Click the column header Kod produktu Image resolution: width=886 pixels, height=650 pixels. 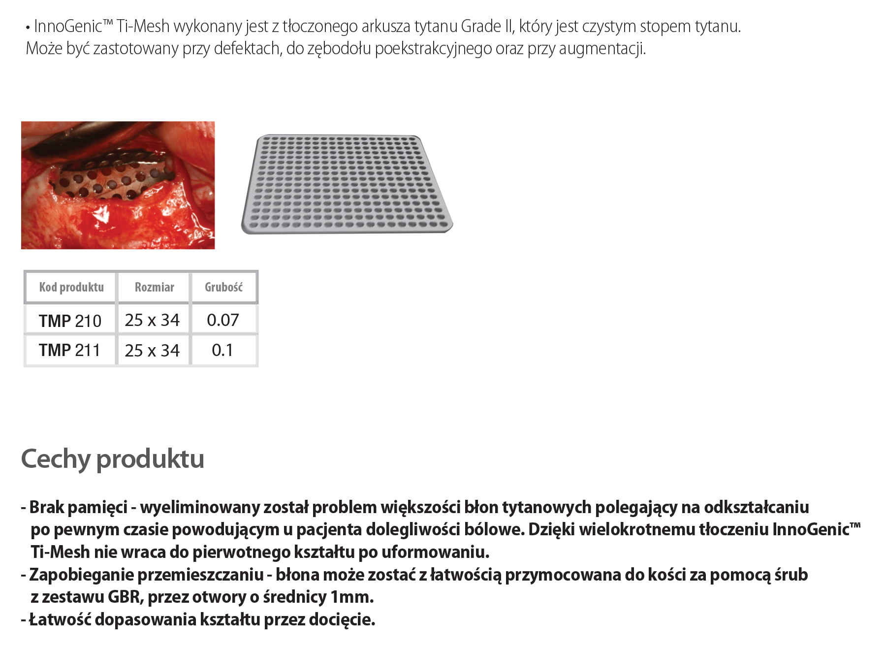71,287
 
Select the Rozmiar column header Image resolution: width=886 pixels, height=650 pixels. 154,287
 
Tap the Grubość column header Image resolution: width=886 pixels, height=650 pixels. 223,287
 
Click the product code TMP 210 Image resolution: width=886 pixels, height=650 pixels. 70,321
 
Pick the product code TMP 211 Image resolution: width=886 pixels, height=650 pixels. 69,350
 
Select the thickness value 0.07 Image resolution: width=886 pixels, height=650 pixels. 223,320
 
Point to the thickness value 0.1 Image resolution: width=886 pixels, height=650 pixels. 222,350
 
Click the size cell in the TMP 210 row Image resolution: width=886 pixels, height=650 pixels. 152,320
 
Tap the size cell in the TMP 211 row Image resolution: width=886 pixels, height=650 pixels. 152,351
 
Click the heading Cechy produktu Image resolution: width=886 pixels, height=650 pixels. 112,459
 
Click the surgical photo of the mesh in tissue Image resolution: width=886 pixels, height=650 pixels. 118,185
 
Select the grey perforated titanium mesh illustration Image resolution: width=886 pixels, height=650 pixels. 347,184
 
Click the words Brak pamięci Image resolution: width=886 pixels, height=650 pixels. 78,507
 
